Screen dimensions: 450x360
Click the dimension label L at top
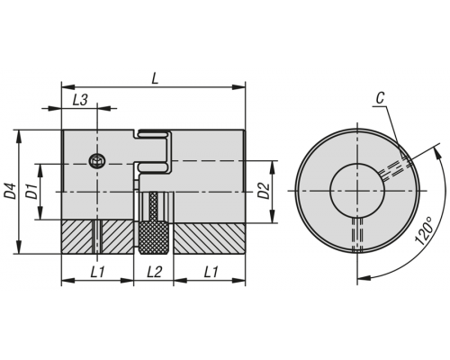pos(155,78)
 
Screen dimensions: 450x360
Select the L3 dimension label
pos(80,100)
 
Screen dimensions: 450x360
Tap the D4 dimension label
pos(11,191)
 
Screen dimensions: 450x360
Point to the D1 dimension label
pos(31,192)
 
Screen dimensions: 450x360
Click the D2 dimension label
pos(265,191)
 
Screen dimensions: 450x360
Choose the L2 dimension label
pos(154,272)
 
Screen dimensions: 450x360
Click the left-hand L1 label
pos(97,272)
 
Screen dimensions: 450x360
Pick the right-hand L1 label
pos(211,272)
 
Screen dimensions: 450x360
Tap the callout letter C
pos(380,98)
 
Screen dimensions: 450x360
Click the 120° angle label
pos(424,230)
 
